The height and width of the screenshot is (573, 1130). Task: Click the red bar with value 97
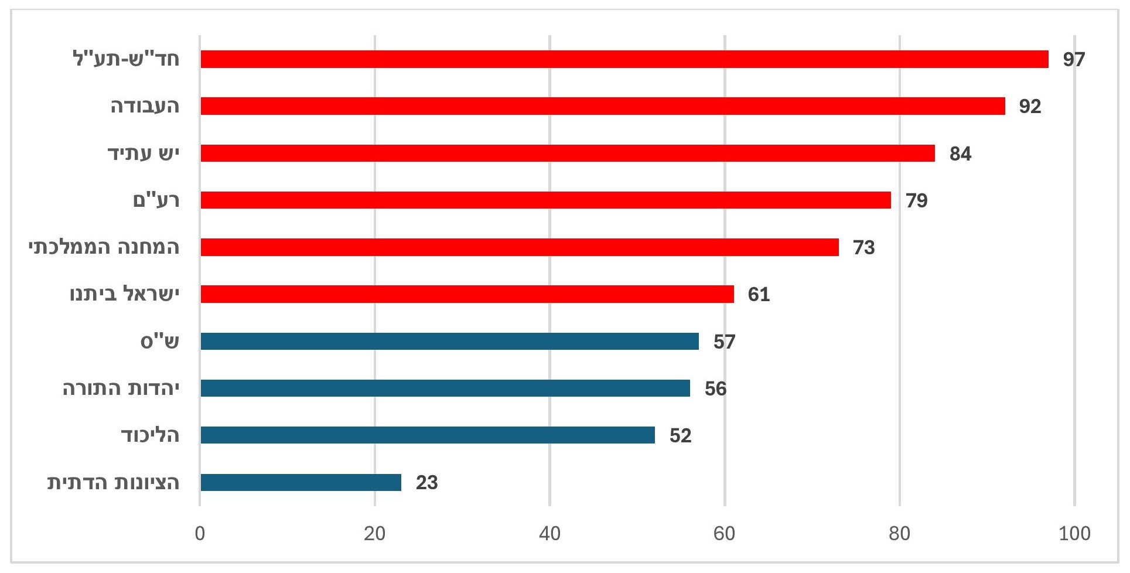pyautogui.click(x=624, y=59)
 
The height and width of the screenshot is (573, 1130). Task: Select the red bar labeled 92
pyautogui.click(x=602, y=106)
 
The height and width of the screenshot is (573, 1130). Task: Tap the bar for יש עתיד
pyautogui.click(x=567, y=154)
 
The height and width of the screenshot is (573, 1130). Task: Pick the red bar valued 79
pyautogui.click(x=545, y=200)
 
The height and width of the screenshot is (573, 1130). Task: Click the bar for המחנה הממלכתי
pyautogui.click(x=519, y=247)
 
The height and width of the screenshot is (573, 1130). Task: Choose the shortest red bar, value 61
pyautogui.click(x=467, y=294)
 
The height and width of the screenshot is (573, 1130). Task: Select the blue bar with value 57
pyautogui.click(x=449, y=341)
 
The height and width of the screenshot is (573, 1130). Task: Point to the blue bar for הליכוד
pyautogui.click(x=428, y=435)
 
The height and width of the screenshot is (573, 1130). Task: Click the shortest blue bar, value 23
pyautogui.click(x=301, y=482)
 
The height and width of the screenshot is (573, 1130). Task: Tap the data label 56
pyautogui.click(x=715, y=388)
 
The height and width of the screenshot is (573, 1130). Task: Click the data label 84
pyautogui.click(x=960, y=154)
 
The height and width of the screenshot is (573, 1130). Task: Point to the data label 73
pyautogui.click(x=863, y=247)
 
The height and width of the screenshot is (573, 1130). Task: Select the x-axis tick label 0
pyautogui.click(x=200, y=534)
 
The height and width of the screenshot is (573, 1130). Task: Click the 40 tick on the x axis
pyautogui.click(x=549, y=534)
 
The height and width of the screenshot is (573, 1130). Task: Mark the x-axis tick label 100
pyautogui.click(x=1074, y=534)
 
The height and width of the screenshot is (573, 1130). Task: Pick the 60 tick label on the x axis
pyautogui.click(x=725, y=534)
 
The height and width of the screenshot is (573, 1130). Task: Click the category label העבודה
pyautogui.click(x=145, y=106)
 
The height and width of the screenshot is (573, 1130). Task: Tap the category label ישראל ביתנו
pyautogui.click(x=124, y=294)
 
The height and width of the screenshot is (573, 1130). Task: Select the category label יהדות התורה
pyautogui.click(x=121, y=388)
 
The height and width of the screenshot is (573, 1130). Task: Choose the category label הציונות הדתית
pyautogui.click(x=113, y=482)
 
